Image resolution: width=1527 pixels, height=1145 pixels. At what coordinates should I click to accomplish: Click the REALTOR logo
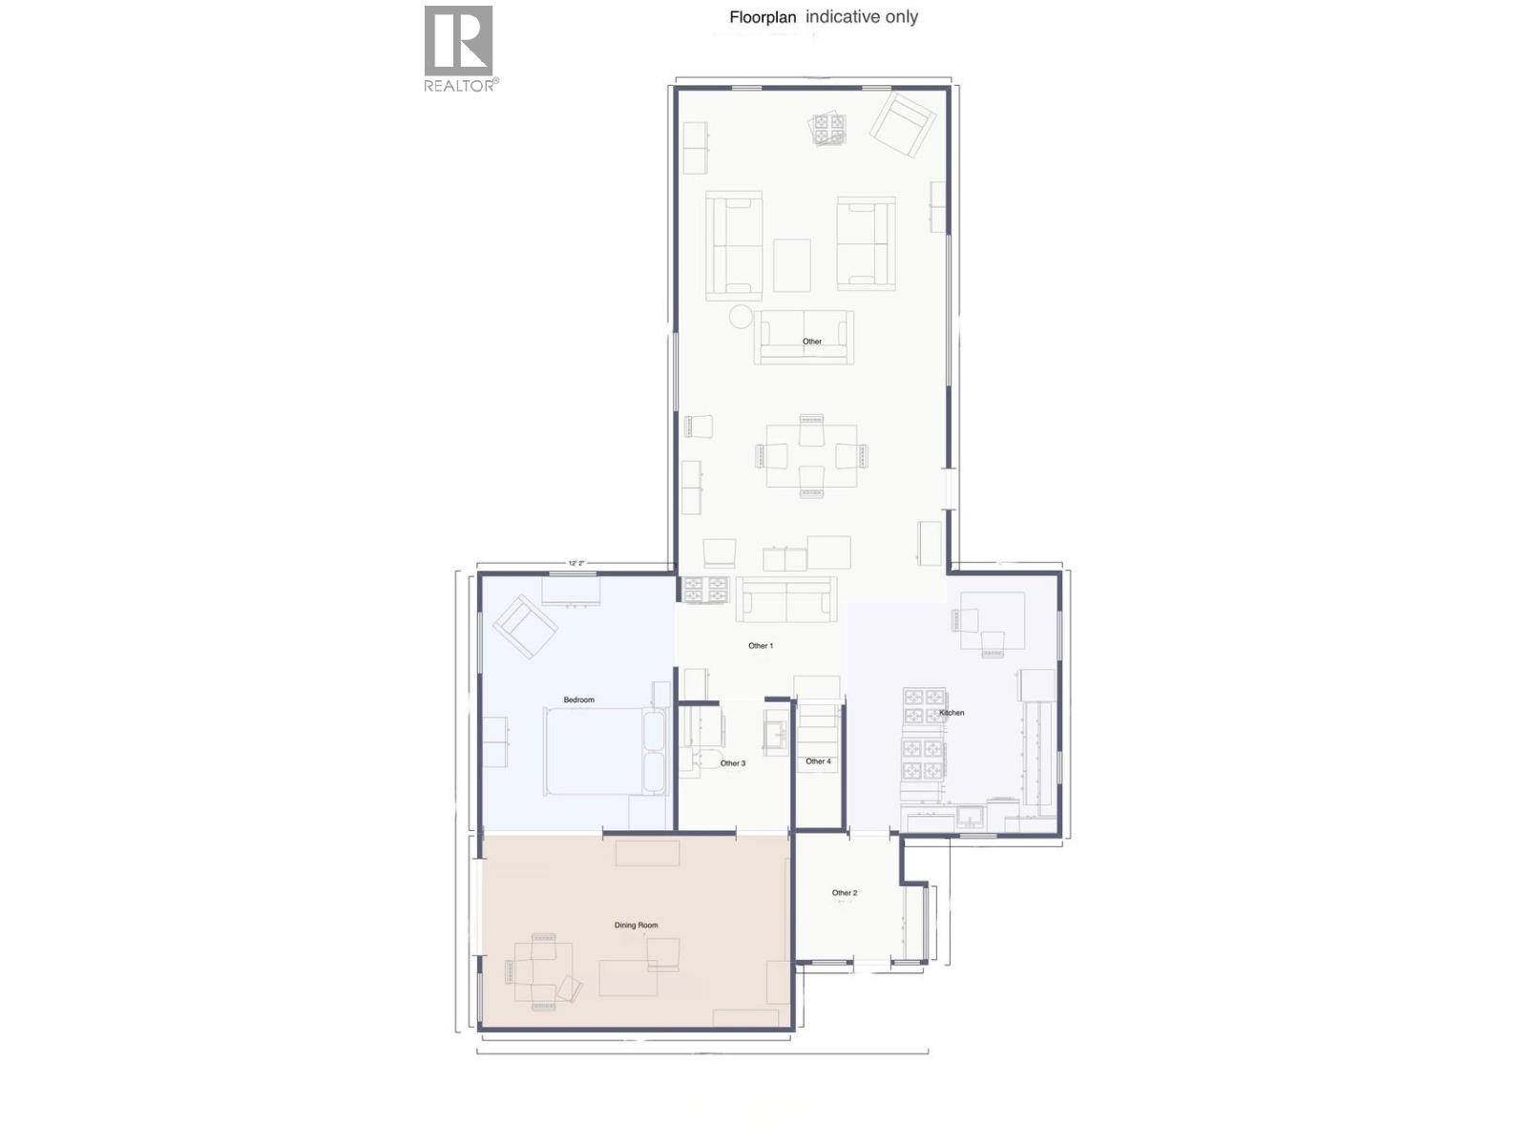click(x=459, y=48)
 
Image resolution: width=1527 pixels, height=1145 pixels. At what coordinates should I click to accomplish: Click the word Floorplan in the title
click(x=762, y=17)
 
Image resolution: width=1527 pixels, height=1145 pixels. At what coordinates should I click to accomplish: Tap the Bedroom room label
click(x=578, y=699)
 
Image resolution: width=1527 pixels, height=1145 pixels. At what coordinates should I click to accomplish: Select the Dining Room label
click(x=636, y=925)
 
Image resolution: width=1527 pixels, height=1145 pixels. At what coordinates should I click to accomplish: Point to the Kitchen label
click(x=952, y=713)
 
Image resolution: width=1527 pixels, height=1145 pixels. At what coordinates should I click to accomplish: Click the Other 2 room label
click(x=844, y=893)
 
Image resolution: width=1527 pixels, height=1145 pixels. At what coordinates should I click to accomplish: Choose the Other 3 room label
click(x=732, y=763)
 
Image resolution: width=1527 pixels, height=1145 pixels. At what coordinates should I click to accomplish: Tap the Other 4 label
click(x=818, y=761)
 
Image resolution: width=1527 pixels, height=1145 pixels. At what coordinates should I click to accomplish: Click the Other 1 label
click(x=760, y=646)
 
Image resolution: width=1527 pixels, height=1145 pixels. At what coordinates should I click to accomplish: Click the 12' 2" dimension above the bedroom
click(x=575, y=563)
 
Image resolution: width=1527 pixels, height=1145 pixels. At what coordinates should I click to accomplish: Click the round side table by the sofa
click(x=741, y=316)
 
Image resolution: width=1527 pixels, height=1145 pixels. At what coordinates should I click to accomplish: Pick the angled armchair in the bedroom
click(x=524, y=626)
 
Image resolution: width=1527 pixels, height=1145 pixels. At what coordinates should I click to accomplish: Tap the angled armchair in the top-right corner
click(x=902, y=124)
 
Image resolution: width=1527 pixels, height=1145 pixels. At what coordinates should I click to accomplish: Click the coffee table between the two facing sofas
click(x=791, y=265)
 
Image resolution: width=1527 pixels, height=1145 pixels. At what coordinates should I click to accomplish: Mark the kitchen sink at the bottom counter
click(x=970, y=818)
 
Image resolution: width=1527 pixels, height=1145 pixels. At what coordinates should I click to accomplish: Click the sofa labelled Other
click(x=804, y=336)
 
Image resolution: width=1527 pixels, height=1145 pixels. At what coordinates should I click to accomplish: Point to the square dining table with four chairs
click(x=811, y=456)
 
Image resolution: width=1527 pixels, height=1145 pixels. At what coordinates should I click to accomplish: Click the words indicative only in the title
click(x=862, y=17)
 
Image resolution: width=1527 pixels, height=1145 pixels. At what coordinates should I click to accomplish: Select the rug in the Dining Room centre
click(x=628, y=978)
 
